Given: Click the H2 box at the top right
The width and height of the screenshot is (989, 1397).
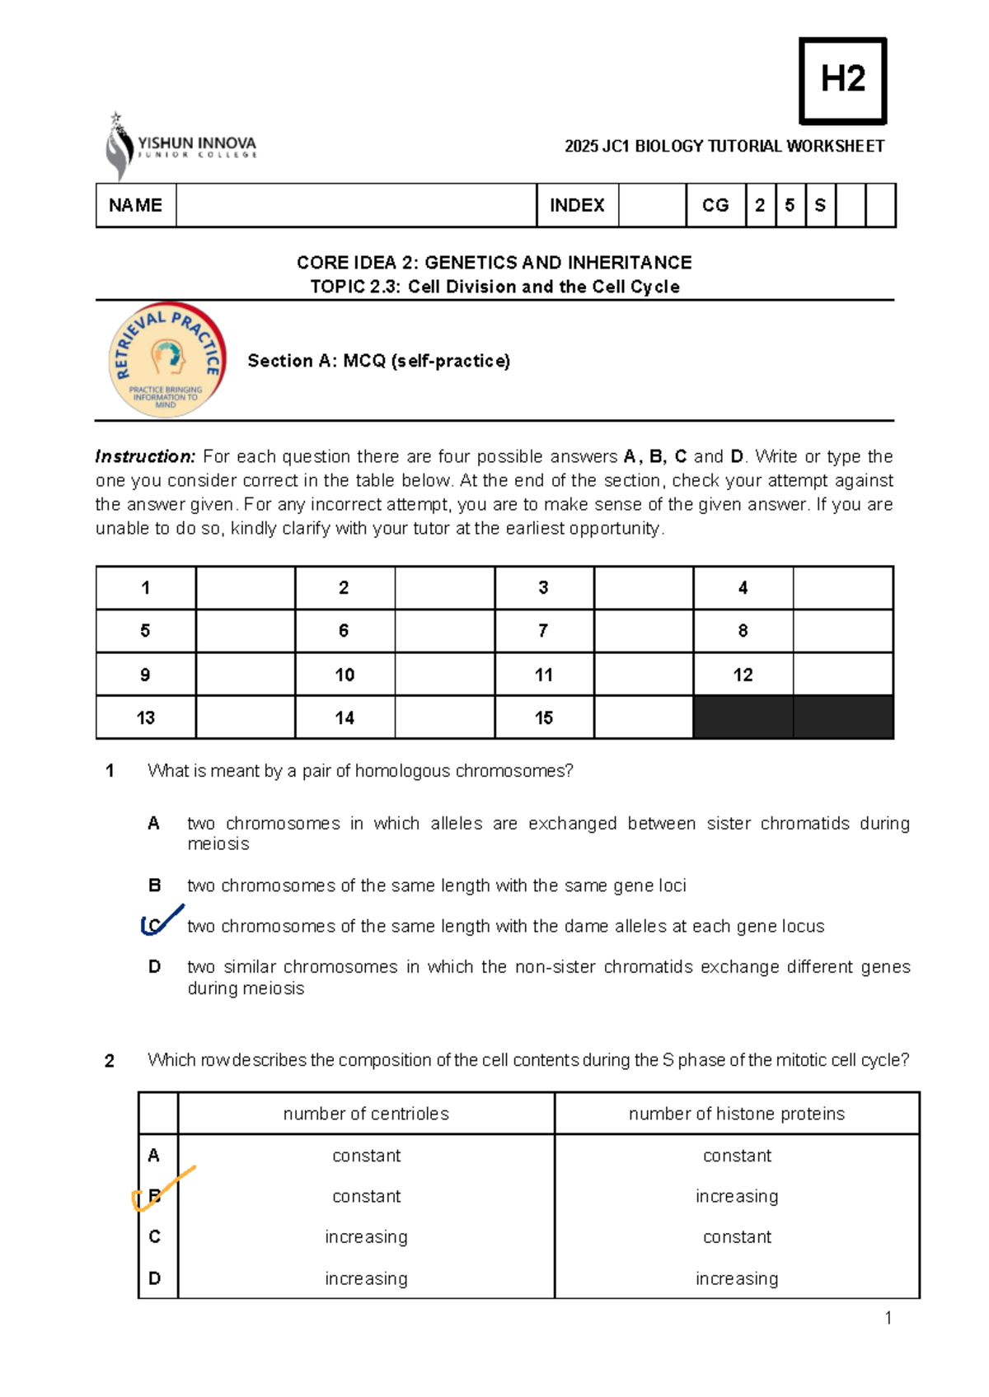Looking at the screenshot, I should (842, 81).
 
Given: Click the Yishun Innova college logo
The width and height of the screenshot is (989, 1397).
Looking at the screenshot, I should (181, 147).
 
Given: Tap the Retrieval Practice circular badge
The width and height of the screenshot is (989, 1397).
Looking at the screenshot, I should (167, 360).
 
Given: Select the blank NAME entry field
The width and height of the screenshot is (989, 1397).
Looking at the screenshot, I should (355, 205).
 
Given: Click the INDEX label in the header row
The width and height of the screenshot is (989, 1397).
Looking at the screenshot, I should (577, 205).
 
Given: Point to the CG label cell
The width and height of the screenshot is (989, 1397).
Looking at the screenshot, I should (715, 205).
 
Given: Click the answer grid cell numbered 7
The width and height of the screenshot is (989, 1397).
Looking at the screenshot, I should (543, 631).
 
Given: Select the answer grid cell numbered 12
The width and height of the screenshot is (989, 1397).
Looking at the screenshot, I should (743, 675).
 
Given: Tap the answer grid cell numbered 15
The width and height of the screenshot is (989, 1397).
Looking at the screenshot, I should (543, 717).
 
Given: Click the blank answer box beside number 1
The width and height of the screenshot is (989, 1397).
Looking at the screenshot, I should (245, 587).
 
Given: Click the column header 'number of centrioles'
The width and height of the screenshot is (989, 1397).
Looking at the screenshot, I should (366, 1114).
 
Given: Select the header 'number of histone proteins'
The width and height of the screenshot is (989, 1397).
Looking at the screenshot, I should (736, 1114).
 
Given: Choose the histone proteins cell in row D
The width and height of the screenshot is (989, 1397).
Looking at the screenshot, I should (736, 1278).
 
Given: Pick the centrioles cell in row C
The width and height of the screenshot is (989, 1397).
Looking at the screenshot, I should (366, 1237).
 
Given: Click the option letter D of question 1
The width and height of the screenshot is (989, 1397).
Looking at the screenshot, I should (154, 967).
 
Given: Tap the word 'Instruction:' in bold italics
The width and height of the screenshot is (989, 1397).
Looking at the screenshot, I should (145, 456).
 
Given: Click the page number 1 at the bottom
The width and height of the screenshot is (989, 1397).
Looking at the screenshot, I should (888, 1318).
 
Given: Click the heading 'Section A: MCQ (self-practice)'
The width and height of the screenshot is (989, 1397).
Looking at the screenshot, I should (378, 361).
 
